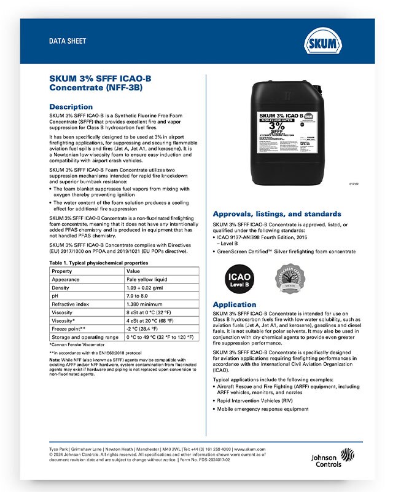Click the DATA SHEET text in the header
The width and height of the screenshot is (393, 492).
click(x=68, y=41)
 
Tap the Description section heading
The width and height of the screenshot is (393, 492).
click(x=71, y=106)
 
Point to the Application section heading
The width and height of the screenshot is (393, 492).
click(x=234, y=304)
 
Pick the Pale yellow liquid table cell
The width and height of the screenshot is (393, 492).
click(x=144, y=279)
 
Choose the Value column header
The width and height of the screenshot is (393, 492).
click(x=133, y=271)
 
